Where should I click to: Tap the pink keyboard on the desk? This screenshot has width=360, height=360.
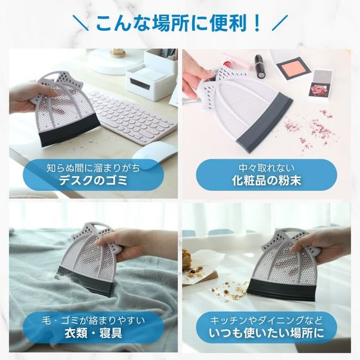[x=131, y=117]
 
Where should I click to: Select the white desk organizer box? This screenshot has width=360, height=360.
[x=152, y=75]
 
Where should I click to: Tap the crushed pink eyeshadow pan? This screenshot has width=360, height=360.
[x=319, y=85]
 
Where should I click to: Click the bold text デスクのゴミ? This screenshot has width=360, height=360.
[x=93, y=181]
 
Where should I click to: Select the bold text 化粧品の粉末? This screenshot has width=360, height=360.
[x=266, y=181]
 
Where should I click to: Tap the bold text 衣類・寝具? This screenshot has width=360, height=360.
[x=93, y=333]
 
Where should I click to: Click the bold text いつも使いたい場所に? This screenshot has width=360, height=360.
[x=266, y=333]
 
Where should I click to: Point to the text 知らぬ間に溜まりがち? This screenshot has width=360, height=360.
[x=93, y=168]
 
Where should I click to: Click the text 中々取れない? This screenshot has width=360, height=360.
[x=266, y=168]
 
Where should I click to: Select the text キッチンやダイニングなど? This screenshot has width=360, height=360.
[x=266, y=321]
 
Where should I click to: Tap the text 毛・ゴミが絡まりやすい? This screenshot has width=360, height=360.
[x=93, y=321]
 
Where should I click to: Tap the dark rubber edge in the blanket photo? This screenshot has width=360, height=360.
[x=85, y=281]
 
